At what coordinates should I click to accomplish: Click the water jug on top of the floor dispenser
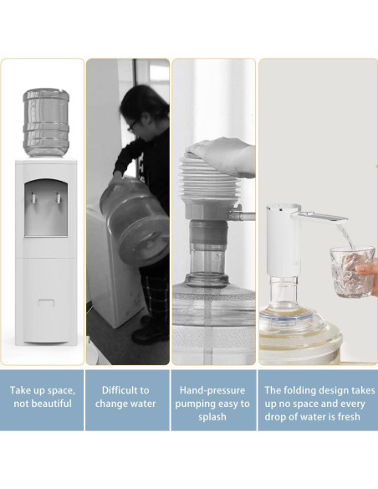pyautogui.click(x=46, y=122)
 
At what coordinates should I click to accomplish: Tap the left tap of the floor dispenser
pyautogui.click(x=33, y=198)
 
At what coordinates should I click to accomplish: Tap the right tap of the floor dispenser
pyautogui.click(x=59, y=198)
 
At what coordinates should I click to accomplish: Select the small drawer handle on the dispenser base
pyautogui.click(x=46, y=303)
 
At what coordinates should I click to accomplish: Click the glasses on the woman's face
pyautogui.click(x=131, y=126)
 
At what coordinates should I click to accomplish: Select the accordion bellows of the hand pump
pyautogui.click(x=207, y=184)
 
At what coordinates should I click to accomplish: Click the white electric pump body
pyautogui.click(x=283, y=239)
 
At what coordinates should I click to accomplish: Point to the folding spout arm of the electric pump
pyautogui.click(x=319, y=217)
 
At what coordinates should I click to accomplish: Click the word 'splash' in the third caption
pyautogui.click(x=212, y=417)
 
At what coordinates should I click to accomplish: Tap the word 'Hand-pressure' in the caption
pyautogui.click(x=212, y=390)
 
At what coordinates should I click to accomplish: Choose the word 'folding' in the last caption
pyautogui.click(x=299, y=390)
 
